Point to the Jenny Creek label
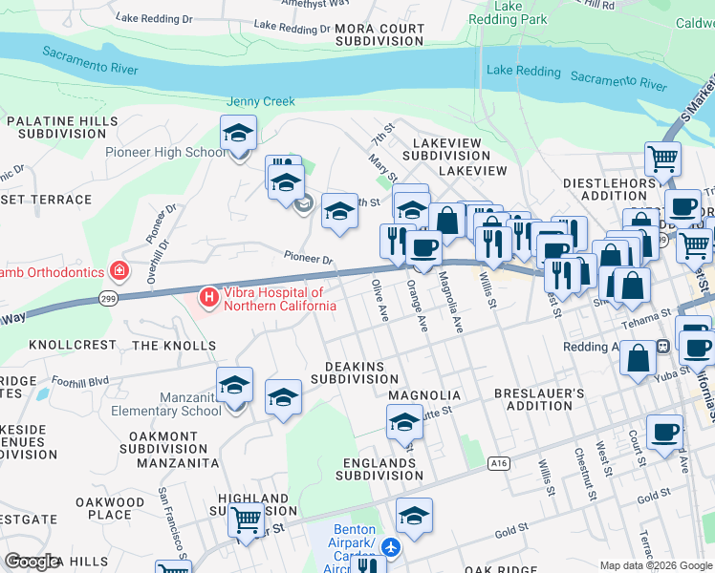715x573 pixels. point(261,101)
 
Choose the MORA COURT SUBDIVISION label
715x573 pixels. point(379,35)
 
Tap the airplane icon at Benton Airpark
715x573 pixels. point(390,547)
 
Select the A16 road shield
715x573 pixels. point(497,463)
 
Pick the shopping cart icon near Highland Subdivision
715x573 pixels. point(247,520)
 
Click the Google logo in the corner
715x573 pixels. point(32,561)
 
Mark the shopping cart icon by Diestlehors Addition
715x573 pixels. point(662,158)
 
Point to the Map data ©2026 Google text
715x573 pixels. point(656,565)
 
